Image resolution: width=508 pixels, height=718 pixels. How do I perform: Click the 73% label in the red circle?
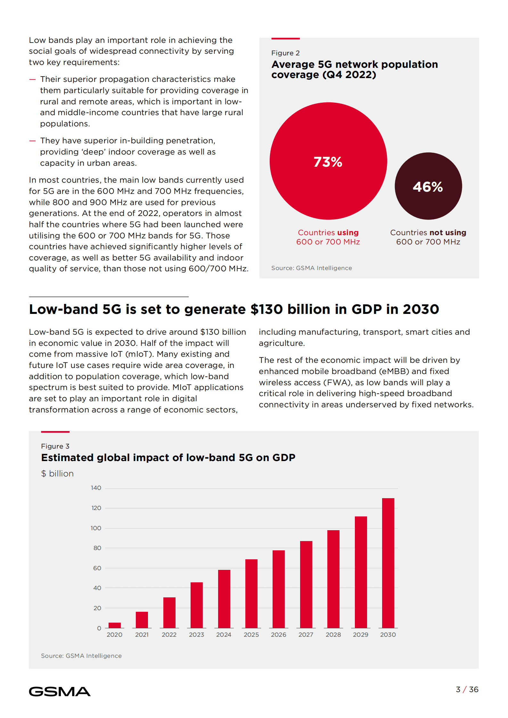coord(328,162)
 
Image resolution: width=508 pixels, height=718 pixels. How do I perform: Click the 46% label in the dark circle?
coord(428,187)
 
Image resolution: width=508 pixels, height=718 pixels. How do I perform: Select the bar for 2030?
coord(388,563)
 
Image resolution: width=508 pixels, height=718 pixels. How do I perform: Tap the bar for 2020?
coord(114,625)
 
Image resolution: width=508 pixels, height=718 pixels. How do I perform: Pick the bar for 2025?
coord(251,594)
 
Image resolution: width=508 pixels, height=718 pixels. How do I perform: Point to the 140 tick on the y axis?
coord(96,488)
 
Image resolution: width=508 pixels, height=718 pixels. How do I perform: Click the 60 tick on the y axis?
coord(97,568)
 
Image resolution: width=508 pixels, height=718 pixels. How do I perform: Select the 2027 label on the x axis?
coord(306,635)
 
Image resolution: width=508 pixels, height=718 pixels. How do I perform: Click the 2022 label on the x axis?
coord(169,635)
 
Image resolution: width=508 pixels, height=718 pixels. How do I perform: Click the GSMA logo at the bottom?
coord(60,691)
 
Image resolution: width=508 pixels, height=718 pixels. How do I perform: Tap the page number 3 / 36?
coord(467,690)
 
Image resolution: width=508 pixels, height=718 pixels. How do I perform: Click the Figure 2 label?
coord(285,53)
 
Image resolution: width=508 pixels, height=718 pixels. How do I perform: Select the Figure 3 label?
coord(55,446)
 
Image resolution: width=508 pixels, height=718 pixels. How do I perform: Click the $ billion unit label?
coord(57,474)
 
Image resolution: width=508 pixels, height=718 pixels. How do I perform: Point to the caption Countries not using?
coord(428,233)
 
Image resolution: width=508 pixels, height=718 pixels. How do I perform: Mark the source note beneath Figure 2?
coord(311,268)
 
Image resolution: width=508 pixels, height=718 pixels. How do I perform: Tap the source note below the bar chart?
coord(81,656)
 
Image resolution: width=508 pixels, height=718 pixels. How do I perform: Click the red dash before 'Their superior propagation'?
coord(32,79)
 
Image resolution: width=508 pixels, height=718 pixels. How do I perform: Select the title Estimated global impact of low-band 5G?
coord(168,458)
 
